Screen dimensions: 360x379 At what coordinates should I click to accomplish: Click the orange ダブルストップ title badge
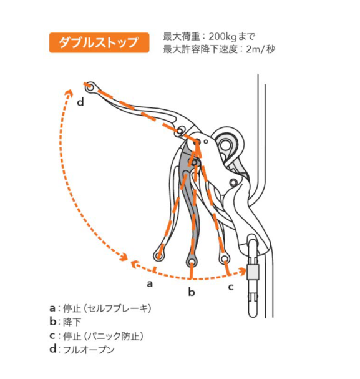point(99,42)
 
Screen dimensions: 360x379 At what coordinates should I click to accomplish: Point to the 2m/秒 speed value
point(260,49)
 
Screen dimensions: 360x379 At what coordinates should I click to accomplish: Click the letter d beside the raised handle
point(80,102)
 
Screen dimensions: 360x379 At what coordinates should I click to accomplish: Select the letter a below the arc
point(150,283)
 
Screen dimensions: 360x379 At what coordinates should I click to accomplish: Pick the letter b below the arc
point(192,292)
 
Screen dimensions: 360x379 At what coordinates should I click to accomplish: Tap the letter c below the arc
point(231,287)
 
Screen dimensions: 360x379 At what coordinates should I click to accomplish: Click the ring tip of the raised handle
point(90,87)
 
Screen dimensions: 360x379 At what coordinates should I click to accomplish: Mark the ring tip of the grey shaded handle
point(192,261)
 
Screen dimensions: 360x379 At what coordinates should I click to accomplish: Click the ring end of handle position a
point(158,255)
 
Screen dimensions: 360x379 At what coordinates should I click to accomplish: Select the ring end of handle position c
point(225,258)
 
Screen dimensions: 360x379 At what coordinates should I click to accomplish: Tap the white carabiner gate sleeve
point(253,272)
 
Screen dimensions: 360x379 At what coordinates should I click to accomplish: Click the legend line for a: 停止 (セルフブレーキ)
point(100,308)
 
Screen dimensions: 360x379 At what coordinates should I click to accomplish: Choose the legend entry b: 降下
point(65,322)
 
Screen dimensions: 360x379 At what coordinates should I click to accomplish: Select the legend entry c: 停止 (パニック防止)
point(96,336)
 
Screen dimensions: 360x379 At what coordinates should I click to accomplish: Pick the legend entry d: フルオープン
point(82,350)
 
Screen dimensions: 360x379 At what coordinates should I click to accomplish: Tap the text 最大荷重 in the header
point(182,37)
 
